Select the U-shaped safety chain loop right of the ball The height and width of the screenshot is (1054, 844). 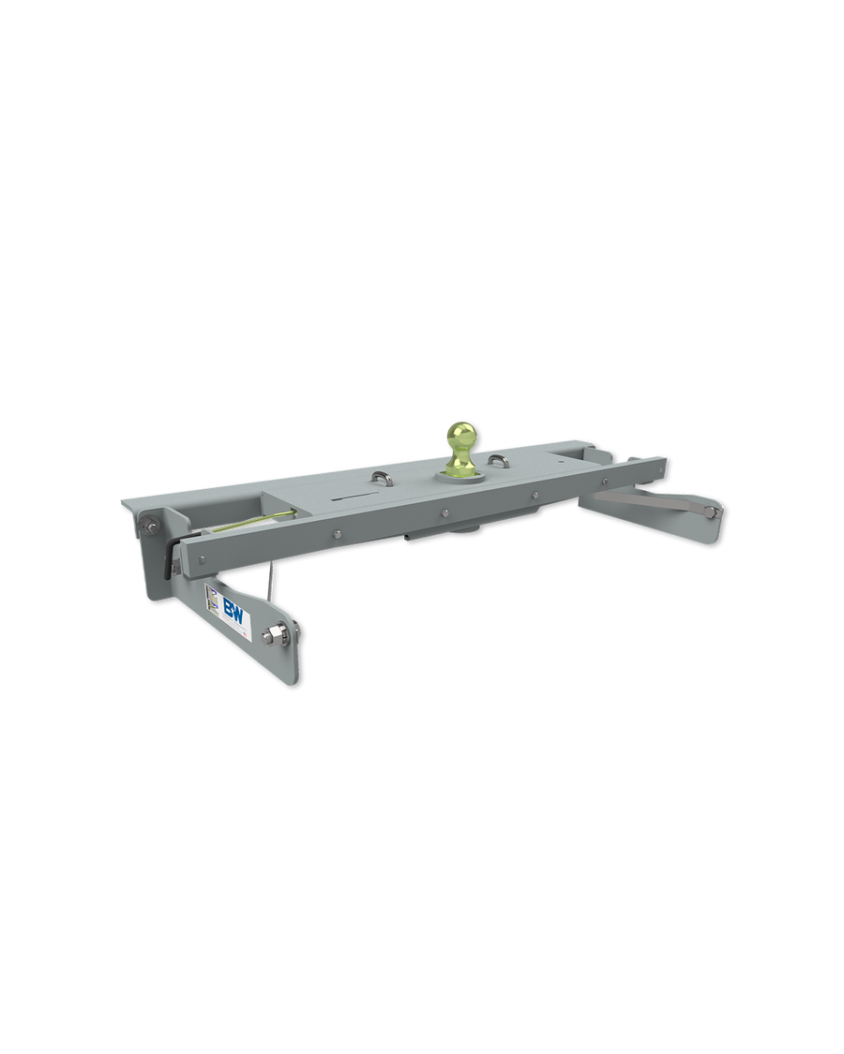pos(497,461)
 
